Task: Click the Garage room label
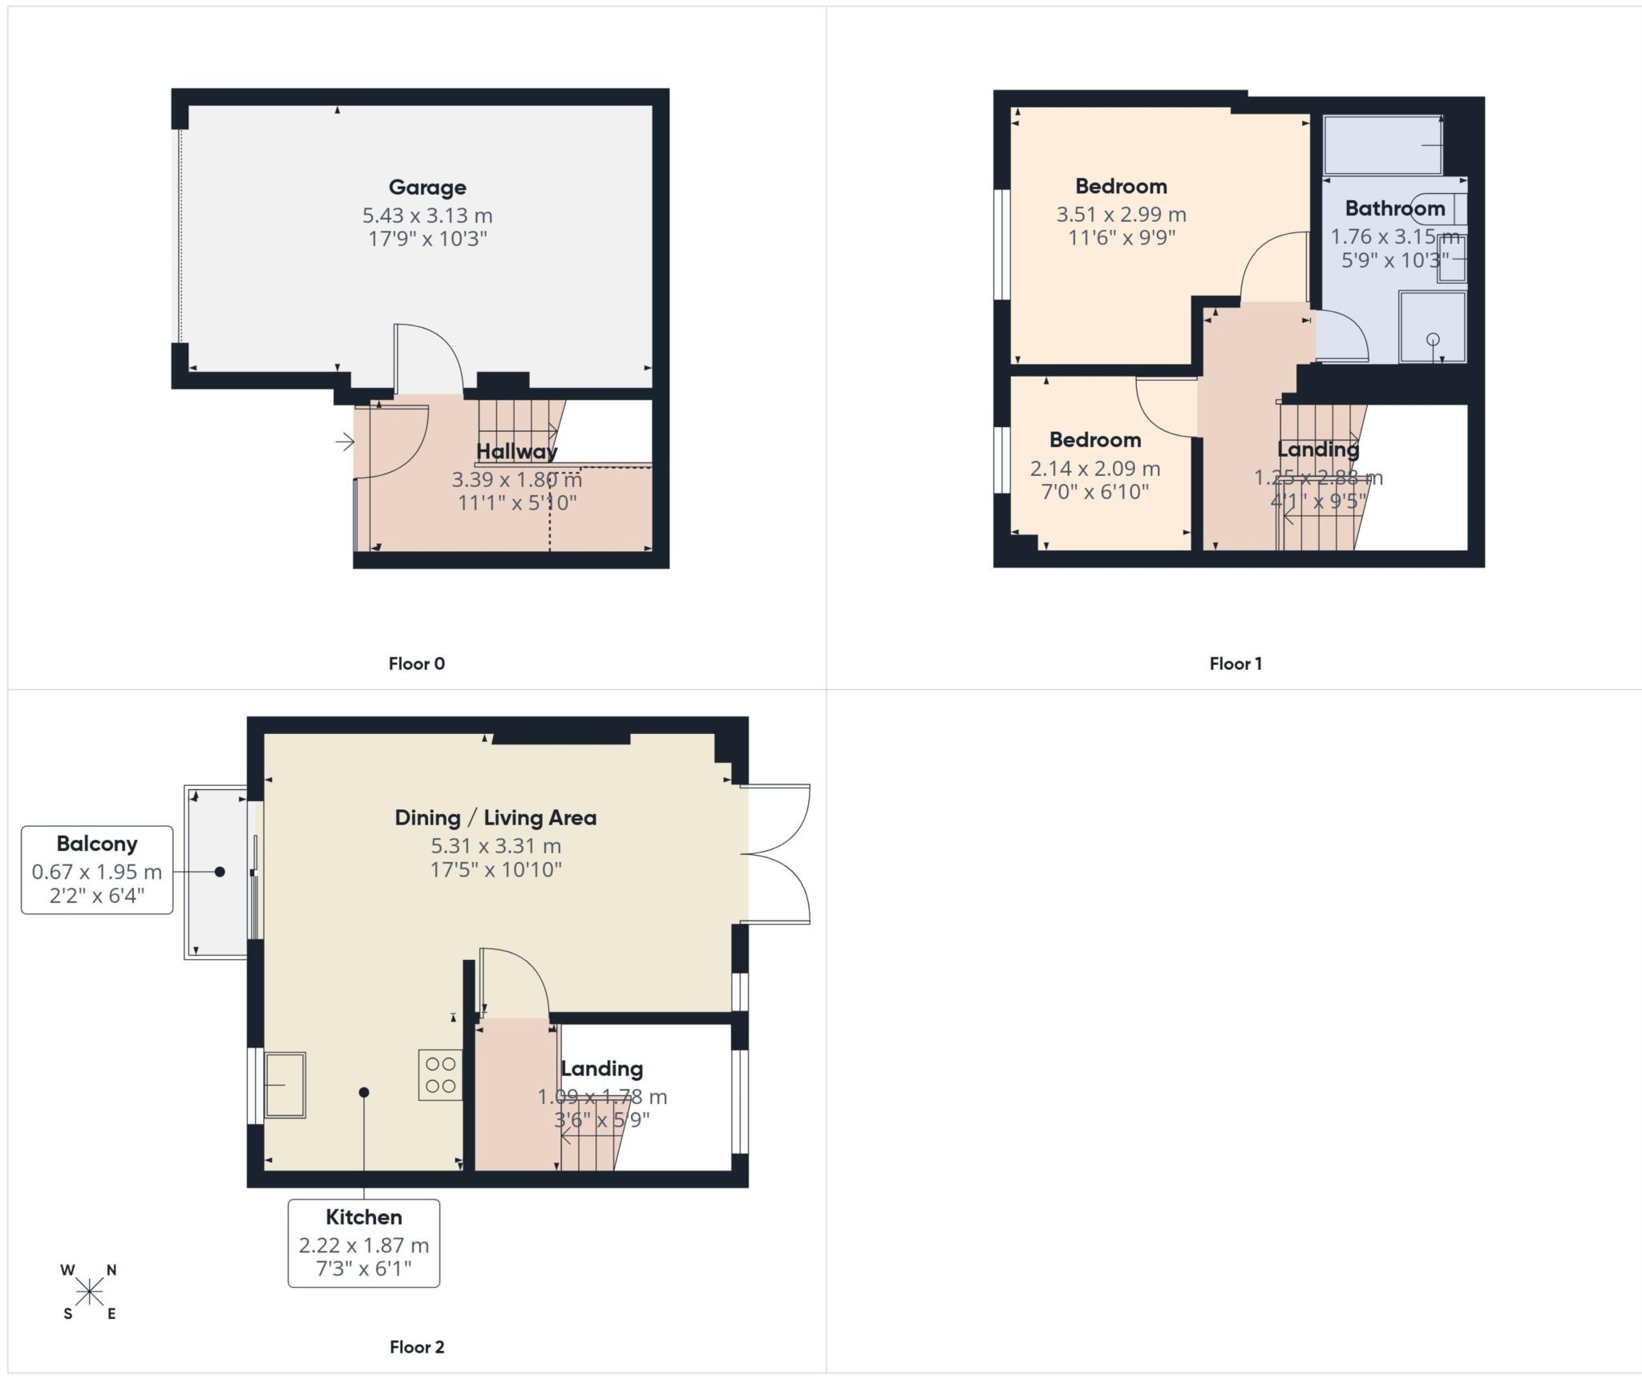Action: [427, 187]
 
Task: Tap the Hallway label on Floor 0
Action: [516, 451]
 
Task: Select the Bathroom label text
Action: [1394, 208]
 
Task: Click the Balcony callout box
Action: [97, 869]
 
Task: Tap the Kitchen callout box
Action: [363, 1243]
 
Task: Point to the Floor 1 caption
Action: [1235, 663]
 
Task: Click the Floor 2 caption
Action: [416, 1347]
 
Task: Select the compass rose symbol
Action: [90, 1292]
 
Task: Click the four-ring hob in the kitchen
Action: [440, 1075]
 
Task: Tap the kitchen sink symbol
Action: [285, 1085]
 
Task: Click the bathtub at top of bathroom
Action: [1383, 145]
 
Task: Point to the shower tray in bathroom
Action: [1432, 328]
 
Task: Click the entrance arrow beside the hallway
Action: [345, 442]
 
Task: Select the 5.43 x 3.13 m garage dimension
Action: [427, 216]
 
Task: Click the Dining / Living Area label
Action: [495, 818]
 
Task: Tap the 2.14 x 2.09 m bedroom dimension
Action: [1094, 468]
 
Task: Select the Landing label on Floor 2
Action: [601, 1069]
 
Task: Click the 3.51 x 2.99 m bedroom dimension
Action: [1120, 215]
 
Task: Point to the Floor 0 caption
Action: [416, 663]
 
